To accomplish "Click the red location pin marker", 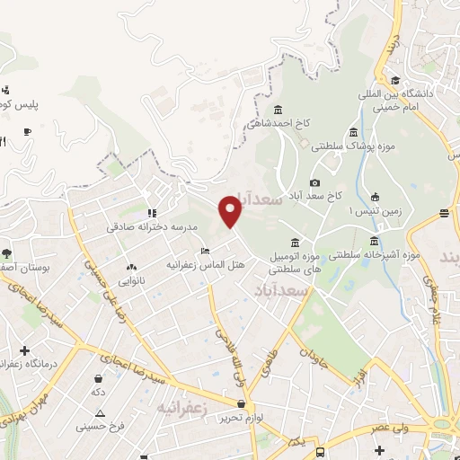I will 230,211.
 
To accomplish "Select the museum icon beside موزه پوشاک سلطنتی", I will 354,132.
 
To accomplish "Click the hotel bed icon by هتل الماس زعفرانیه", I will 206,251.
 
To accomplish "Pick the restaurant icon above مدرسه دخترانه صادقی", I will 151,213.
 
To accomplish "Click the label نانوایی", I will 131,280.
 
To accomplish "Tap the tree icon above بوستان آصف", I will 7,252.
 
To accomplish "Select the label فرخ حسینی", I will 100,425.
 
